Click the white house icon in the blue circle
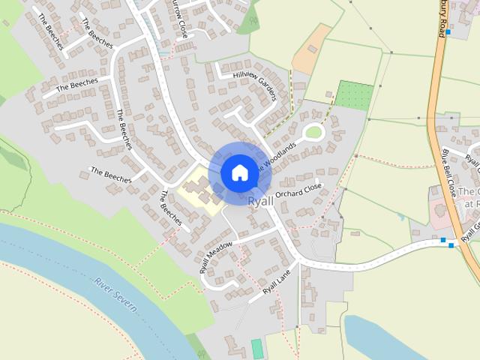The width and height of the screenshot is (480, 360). coord(238,172)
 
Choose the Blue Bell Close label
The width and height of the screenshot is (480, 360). coord(449,173)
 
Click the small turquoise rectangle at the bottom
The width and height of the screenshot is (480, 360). coord(257,349)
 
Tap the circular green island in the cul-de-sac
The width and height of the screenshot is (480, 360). coord(313,133)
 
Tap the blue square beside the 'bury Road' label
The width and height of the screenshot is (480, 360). coord(448,32)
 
